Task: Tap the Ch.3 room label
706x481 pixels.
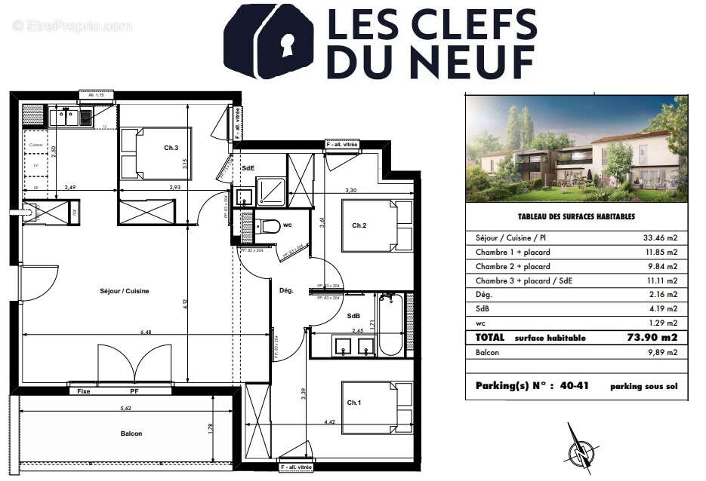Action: click(171, 148)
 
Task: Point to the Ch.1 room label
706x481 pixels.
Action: click(354, 403)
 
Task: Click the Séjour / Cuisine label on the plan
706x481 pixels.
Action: click(124, 291)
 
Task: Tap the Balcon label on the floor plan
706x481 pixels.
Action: click(131, 434)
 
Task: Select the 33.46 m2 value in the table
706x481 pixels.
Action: click(660, 237)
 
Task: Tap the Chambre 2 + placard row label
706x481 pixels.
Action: click(513, 266)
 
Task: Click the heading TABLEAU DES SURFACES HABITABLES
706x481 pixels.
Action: click(576, 216)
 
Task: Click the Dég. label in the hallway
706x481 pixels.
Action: click(286, 290)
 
